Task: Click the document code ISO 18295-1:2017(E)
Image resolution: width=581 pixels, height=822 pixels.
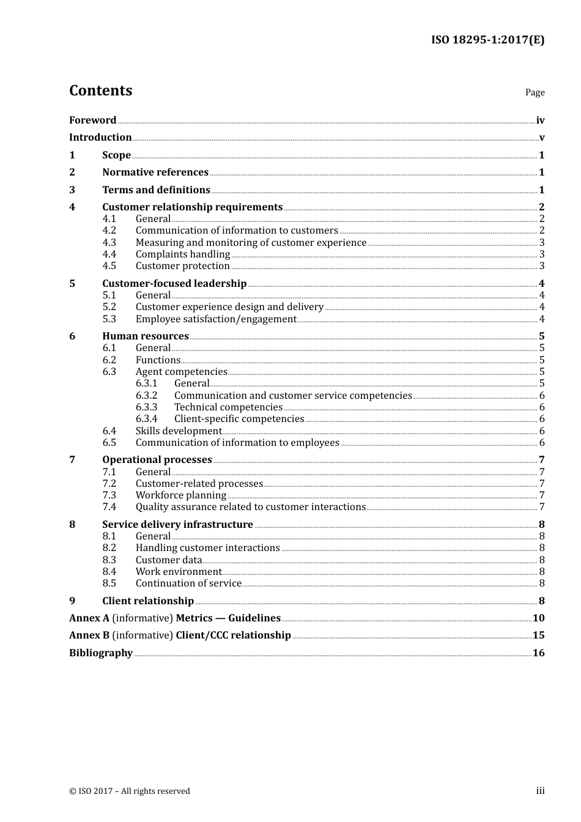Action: coord(487,40)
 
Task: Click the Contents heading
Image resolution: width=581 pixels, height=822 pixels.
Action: coord(100,91)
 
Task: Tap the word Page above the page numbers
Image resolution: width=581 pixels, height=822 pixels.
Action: coord(535,92)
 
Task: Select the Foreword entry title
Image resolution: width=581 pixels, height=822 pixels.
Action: coord(92,120)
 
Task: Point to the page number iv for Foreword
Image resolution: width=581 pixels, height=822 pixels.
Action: coord(540,120)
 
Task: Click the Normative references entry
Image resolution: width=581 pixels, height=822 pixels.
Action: coord(155,172)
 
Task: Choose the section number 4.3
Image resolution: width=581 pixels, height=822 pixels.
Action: coord(109,243)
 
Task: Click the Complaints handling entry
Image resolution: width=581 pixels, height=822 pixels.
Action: coord(183,254)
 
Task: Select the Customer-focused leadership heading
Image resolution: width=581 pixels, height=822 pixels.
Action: coord(174,284)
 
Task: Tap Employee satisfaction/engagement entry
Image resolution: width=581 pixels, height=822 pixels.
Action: coord(216,319)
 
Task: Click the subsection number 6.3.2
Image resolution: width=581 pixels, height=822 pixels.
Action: coord(146,396)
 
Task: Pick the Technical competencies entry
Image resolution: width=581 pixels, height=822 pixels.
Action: coord(228,407)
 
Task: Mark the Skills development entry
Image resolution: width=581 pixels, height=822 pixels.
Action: coord(179,431)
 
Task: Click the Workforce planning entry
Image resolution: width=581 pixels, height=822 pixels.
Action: coord(181,495)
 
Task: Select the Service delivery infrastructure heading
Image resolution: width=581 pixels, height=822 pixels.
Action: coord(177,525)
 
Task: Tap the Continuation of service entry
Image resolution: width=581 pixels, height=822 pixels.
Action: coord(188,583)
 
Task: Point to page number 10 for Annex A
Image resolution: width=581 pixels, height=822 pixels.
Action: coord(538,618)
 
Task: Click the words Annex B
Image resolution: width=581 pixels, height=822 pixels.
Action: coord(89,635)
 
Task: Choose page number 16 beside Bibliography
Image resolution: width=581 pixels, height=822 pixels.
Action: coord(538,653)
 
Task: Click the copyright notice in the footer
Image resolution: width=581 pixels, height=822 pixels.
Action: coord(130,791)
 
